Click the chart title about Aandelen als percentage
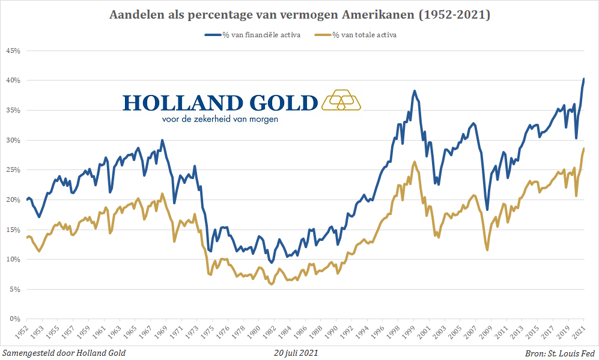point(299,15)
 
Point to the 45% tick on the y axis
point(13,51)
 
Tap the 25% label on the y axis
point(13,170)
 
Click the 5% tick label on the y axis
point(15,289)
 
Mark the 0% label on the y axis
point(15,319)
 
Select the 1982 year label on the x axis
point(272,332)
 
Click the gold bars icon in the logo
point(341,100)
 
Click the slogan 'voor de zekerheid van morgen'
point(220,119)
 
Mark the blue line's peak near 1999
point(414,91)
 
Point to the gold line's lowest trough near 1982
point(272,284)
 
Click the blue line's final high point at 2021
point(583,79)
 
